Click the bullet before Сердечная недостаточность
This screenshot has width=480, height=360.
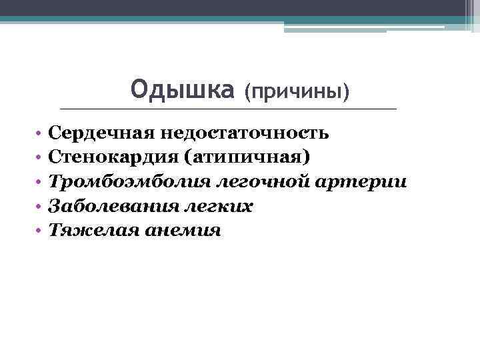coord(40,133)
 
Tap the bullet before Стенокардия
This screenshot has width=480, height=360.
coord(40,158)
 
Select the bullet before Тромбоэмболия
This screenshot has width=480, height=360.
coord(40,183)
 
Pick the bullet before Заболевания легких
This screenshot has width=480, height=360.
coord(40,207)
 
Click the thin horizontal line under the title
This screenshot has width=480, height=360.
coord(227,109)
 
